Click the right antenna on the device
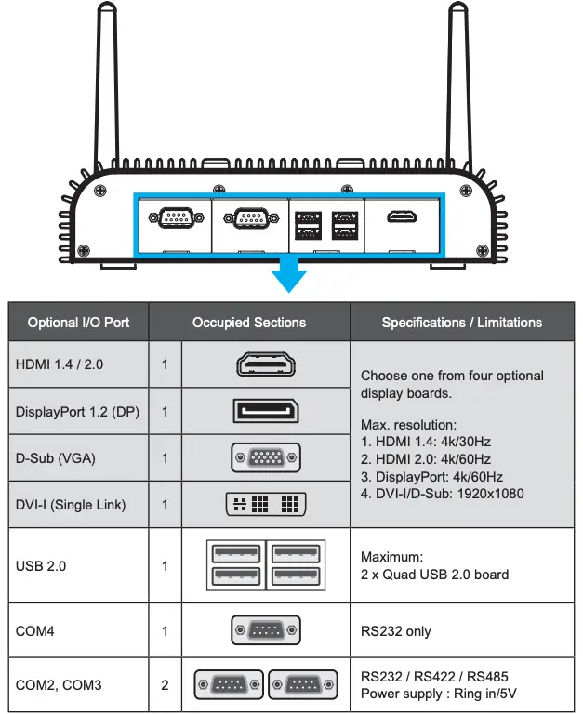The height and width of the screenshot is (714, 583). click(458, 84)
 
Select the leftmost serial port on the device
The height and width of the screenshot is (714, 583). click(172, 218)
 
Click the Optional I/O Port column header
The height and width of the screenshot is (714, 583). click(79, 323)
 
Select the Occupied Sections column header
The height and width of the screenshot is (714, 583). click(248, 323)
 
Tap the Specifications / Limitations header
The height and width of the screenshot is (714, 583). click(461, 323)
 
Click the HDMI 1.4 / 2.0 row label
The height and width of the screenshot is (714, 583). click(60, 364)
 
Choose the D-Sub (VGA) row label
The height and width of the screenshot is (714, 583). click(56, 458)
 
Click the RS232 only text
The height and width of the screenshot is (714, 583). click(396, 631)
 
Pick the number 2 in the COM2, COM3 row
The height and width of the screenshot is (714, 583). click(165, 685)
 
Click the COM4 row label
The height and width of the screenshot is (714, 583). click(35, 631)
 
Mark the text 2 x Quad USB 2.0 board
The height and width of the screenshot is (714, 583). click(434, 574)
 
